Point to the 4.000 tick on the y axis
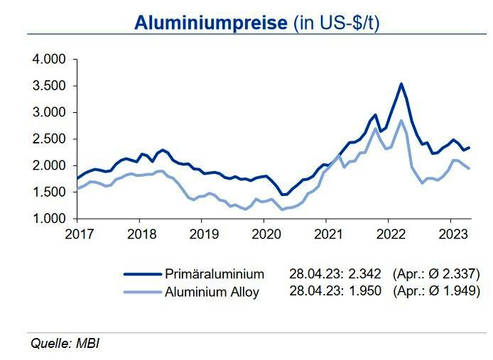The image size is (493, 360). [x=49, y=59]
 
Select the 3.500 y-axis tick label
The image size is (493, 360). [x=49, y=86]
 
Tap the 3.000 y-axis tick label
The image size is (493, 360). [x=49, y=112]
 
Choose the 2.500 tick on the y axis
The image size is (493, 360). [x=49, y=139]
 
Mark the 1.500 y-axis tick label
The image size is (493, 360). [x=49, y=192]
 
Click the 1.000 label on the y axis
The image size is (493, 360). [x=49, y=219]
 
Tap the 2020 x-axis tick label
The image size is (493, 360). [x=264, y=233]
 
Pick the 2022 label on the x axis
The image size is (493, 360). [x=389, y=233]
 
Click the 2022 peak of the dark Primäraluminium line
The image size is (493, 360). [x=401, y=84]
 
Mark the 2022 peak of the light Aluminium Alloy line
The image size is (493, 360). [x=401, y=120]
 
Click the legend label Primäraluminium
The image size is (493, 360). [x=215, y=274]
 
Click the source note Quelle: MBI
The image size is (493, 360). [x=65, y=344]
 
